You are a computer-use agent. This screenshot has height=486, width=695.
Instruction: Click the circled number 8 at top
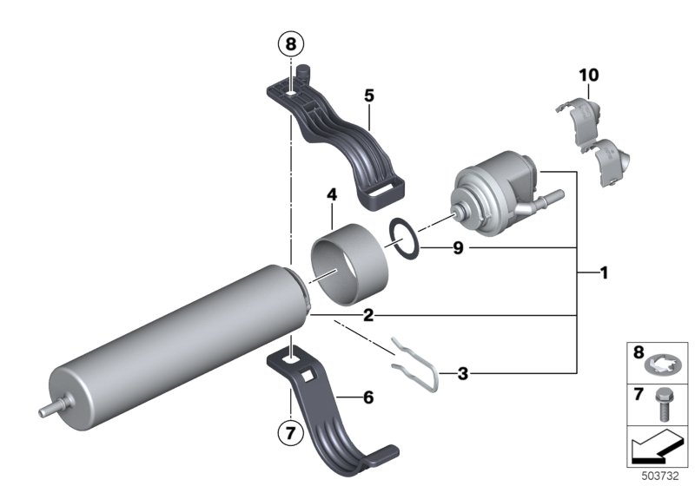(290, 43)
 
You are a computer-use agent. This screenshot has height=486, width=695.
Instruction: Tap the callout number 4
(331, 196)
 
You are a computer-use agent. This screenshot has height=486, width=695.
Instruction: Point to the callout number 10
(589, 76)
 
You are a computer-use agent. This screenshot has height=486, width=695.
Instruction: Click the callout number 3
(463, 374)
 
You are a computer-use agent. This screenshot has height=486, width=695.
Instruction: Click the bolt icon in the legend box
(667, 398)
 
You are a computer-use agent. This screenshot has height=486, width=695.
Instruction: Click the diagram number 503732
(664, 476)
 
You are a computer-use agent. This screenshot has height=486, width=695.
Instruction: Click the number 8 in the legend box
(639, 354)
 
